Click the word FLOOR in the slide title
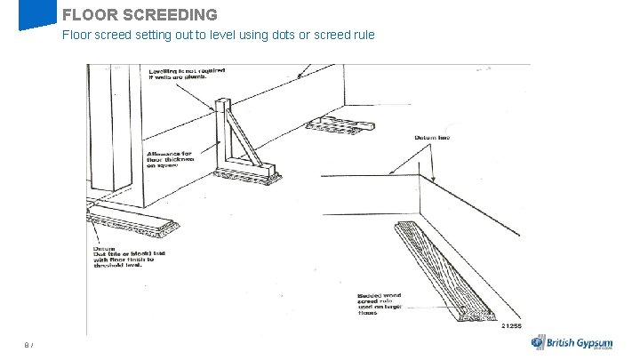(85, 14)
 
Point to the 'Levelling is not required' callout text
(187, 73)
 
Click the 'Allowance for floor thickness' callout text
(174, 159)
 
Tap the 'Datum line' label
(432, 138)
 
